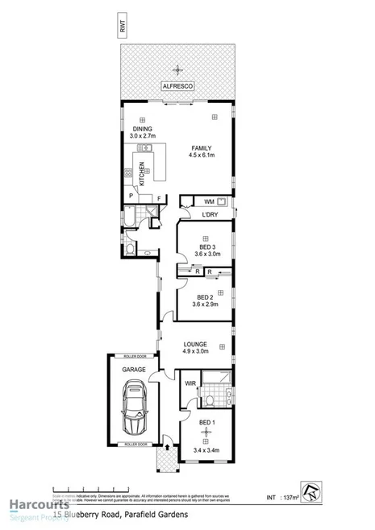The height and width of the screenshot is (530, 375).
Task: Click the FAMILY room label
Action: pyautogui.click(x=202, y=148)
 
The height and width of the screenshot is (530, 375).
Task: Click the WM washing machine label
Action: pyautogui.click(x=209, y=201)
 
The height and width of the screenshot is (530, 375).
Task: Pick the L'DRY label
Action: pyautogui.click(x=210, y=215)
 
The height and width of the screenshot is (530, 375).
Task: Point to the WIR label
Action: pyautogui.click(x=191, y=383)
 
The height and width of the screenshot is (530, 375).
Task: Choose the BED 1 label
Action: pyautogui.click(x=206, y=423)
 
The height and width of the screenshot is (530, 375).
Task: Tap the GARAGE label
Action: pyautogui.click(x=134, y=369)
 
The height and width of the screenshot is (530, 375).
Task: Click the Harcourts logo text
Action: pyautogui.click(x=35, y=506)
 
